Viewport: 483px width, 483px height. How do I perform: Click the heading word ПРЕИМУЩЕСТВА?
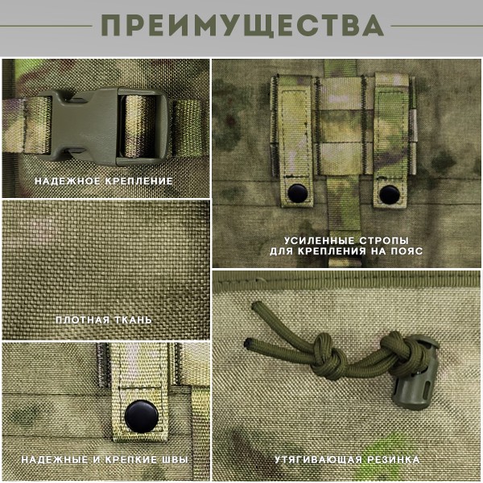tap(242, 26)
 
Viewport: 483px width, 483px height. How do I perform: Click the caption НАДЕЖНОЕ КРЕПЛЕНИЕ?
tap(104, 181)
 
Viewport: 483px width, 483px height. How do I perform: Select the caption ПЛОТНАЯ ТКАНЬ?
tap(104, 320)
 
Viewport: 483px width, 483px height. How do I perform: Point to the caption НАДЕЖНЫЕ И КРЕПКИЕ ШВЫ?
tap(105, 460)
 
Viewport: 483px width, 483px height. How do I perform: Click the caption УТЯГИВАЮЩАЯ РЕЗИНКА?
tap(346, 460)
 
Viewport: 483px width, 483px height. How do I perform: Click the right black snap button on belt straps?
tap(389, 193)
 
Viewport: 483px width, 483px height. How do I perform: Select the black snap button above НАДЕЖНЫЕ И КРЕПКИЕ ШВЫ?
tap(138, 415)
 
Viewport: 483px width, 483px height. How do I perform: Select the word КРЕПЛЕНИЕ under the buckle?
tap(138, 181)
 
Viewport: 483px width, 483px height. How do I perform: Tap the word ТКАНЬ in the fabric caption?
tap(132, 320)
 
